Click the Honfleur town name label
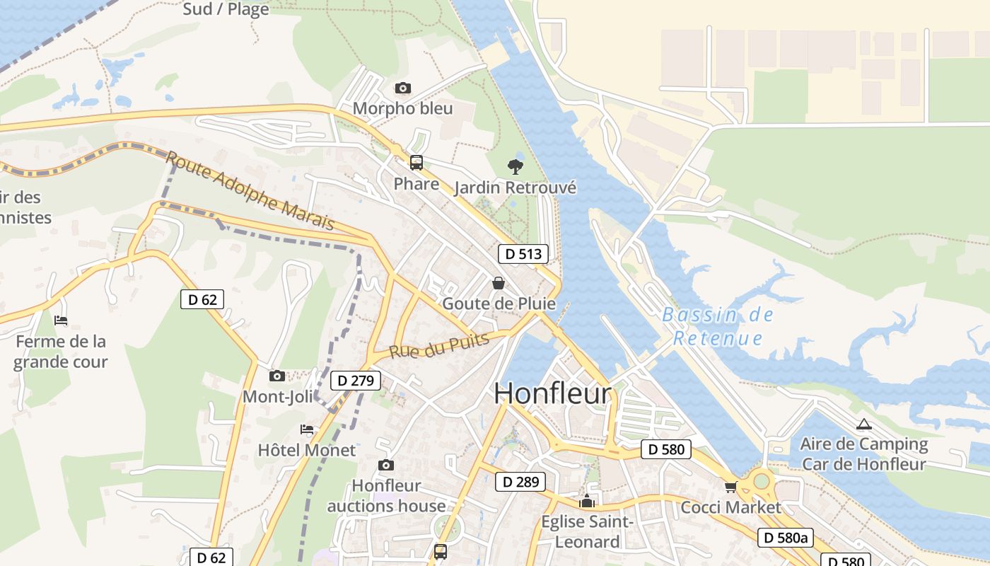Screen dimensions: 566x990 pyautogui.click(x=552, y=393)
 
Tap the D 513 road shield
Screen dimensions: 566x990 pyautogui.click(x=523, y=254)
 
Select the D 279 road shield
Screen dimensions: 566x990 pyautogui.click(x=356, y=381)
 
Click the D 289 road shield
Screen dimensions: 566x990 pyautogui.click(x=520, y=483)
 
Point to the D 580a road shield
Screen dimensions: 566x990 pyautogui.click(x=784, y=538)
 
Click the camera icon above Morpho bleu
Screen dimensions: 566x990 pyautogui.click(x=402, y=88)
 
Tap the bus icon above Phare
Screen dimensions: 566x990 pyautogui.click(x=417, y=163)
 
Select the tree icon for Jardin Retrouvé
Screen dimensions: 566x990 pyautogui.click(x=516, y=167)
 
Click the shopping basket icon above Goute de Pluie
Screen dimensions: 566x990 pyautogui.click(x=499, y=283)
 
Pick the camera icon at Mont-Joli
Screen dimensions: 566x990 pyautogui.click(x=277, y=376)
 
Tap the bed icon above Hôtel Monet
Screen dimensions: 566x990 pyautogui.click(x=307, y=429)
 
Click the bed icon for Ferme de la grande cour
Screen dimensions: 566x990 pyautogui.click(x=61, y=320)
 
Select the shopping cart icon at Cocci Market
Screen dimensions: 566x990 pyautogui.click(x=730, y=487)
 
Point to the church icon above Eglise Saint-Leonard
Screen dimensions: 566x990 pyautogui.click(x=587, y=502)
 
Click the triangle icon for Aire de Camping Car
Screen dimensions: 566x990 pyautogui.click(x=863, y=424)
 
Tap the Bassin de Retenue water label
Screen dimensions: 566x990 pyautogui.click(x=718, y=326)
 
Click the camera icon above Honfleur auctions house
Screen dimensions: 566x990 pyautogui.click(x=385, y=465)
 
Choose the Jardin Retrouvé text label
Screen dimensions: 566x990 pyautogui.click(x=515, y=187)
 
